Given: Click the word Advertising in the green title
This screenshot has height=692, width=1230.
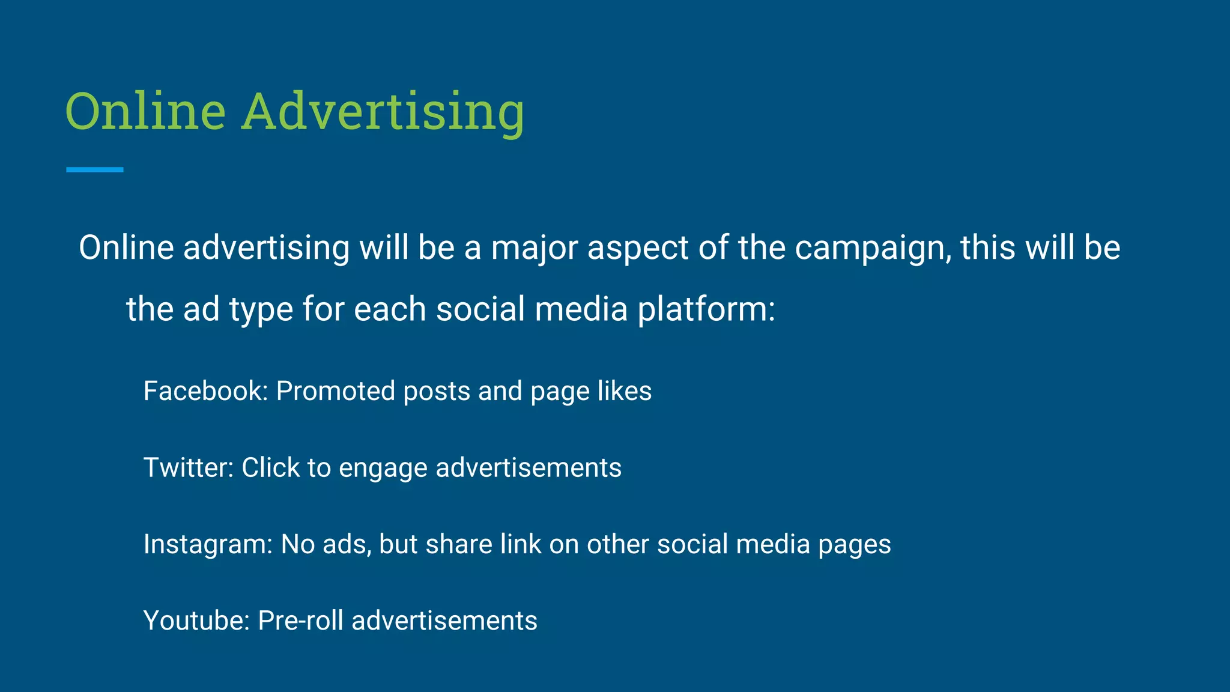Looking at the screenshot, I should point(383,112).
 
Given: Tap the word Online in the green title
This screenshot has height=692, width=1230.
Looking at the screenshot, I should point(145,112).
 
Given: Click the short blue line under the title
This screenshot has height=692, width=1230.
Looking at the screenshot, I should point(95,170).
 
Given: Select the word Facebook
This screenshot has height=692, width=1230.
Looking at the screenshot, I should point(205,391).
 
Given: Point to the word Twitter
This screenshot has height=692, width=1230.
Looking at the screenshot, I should point(188,467).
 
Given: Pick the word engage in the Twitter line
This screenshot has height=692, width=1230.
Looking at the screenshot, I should point(383,469).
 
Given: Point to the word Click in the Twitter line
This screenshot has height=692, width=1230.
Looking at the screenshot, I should point(270,467).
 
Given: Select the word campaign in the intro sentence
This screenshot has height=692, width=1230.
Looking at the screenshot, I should point(873,249).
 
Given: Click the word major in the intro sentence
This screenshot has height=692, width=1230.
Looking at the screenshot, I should point(535,249).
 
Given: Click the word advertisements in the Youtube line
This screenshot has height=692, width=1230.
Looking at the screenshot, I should point(444,621).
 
